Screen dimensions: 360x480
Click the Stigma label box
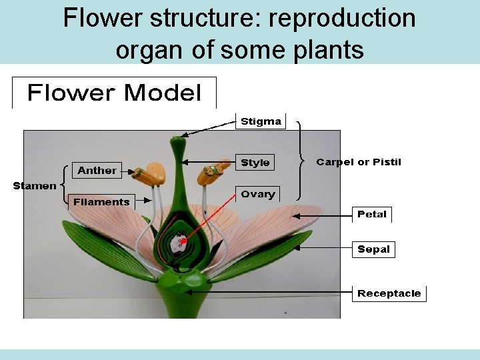click(261, 121)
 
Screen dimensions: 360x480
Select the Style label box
click(255, 163)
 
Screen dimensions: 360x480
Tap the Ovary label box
click(258, 194)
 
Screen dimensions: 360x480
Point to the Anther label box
click(97, 171)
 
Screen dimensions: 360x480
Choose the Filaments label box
click(101, 202)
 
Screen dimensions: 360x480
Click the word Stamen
click(35, 186)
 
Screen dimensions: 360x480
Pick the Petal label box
click(372, 215)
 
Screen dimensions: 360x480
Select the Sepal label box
click(373, 249)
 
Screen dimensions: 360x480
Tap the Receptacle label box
click(389, 293)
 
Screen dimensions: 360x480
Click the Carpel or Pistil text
click(359, 162)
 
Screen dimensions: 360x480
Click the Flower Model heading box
click(114, 93)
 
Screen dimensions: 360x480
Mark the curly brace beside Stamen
click(63, 185)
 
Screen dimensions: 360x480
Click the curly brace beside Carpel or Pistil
click(301, 161)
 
